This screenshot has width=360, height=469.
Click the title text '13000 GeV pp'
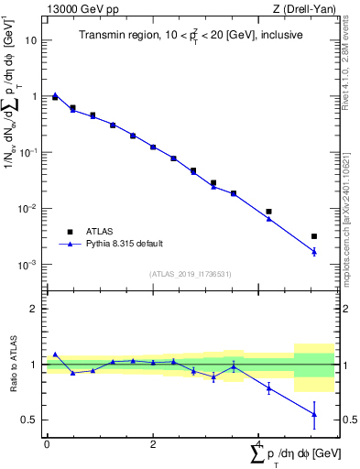pyautogui.click(x=80, y=10)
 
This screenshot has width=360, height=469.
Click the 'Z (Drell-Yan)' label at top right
pyautogui.click(x=304, y=10)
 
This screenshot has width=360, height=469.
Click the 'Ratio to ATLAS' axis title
pyautogui.click(x=12, y=365)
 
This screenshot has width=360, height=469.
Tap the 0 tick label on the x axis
pyautogui.click(x=47, y=444)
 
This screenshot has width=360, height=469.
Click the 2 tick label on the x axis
pyautogui.click(x=152, y=444)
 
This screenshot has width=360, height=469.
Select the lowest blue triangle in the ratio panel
pyautogui.click(x=314, y=414)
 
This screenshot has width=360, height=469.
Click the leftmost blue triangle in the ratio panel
pyautogui.click(x=55, y=354)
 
